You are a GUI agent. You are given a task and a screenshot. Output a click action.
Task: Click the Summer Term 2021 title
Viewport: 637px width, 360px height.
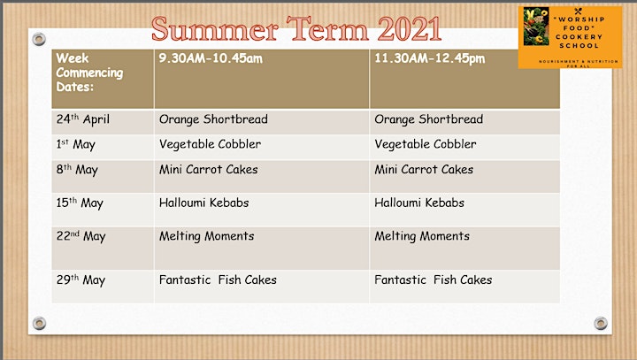pos(296,29)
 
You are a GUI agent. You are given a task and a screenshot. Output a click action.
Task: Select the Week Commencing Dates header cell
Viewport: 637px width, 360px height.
pos(103,80)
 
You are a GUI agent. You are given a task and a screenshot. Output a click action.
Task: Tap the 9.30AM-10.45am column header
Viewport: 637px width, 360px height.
pos(262,80)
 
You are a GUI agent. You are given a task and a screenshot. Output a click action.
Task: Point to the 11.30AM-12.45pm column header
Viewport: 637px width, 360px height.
pos(464,80)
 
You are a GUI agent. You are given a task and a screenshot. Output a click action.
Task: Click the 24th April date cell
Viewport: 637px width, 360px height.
pos(103,122)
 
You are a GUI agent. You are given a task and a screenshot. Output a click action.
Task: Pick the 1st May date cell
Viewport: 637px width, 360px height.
pos(103,147)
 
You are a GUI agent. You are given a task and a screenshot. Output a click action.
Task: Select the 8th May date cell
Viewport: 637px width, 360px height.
pos(103,176)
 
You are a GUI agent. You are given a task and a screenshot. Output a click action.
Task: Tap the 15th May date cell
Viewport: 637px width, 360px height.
pos(103,210)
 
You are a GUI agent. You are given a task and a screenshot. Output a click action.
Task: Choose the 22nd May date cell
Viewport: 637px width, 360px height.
pos(103,249)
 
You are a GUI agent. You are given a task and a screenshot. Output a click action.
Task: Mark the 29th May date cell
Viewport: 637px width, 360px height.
pos(103,287)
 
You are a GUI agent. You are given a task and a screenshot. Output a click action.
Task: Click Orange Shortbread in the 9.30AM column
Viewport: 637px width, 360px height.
pos(213,119)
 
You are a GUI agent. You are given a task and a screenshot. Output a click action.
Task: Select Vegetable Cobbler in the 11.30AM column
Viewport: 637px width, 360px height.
pos(425,144)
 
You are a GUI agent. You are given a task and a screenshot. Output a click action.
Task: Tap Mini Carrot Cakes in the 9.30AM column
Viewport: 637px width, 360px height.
pos(209,169)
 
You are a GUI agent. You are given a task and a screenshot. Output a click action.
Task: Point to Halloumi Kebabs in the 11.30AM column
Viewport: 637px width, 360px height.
pos(419,203)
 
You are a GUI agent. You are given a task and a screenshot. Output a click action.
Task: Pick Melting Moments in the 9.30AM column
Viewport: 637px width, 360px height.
pos(206,236)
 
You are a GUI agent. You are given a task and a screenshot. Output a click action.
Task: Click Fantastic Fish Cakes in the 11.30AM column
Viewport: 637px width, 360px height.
pos(433,280)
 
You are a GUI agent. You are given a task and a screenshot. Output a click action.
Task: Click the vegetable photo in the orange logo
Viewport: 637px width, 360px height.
pos(536,26)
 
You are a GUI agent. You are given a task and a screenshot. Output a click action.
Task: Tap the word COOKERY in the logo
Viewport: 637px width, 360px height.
pos(579,37)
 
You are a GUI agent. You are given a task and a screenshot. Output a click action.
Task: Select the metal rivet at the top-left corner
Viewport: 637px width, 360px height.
pos(39,40)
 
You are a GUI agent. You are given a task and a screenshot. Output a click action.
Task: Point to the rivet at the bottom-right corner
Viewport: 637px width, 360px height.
pos(601,324)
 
